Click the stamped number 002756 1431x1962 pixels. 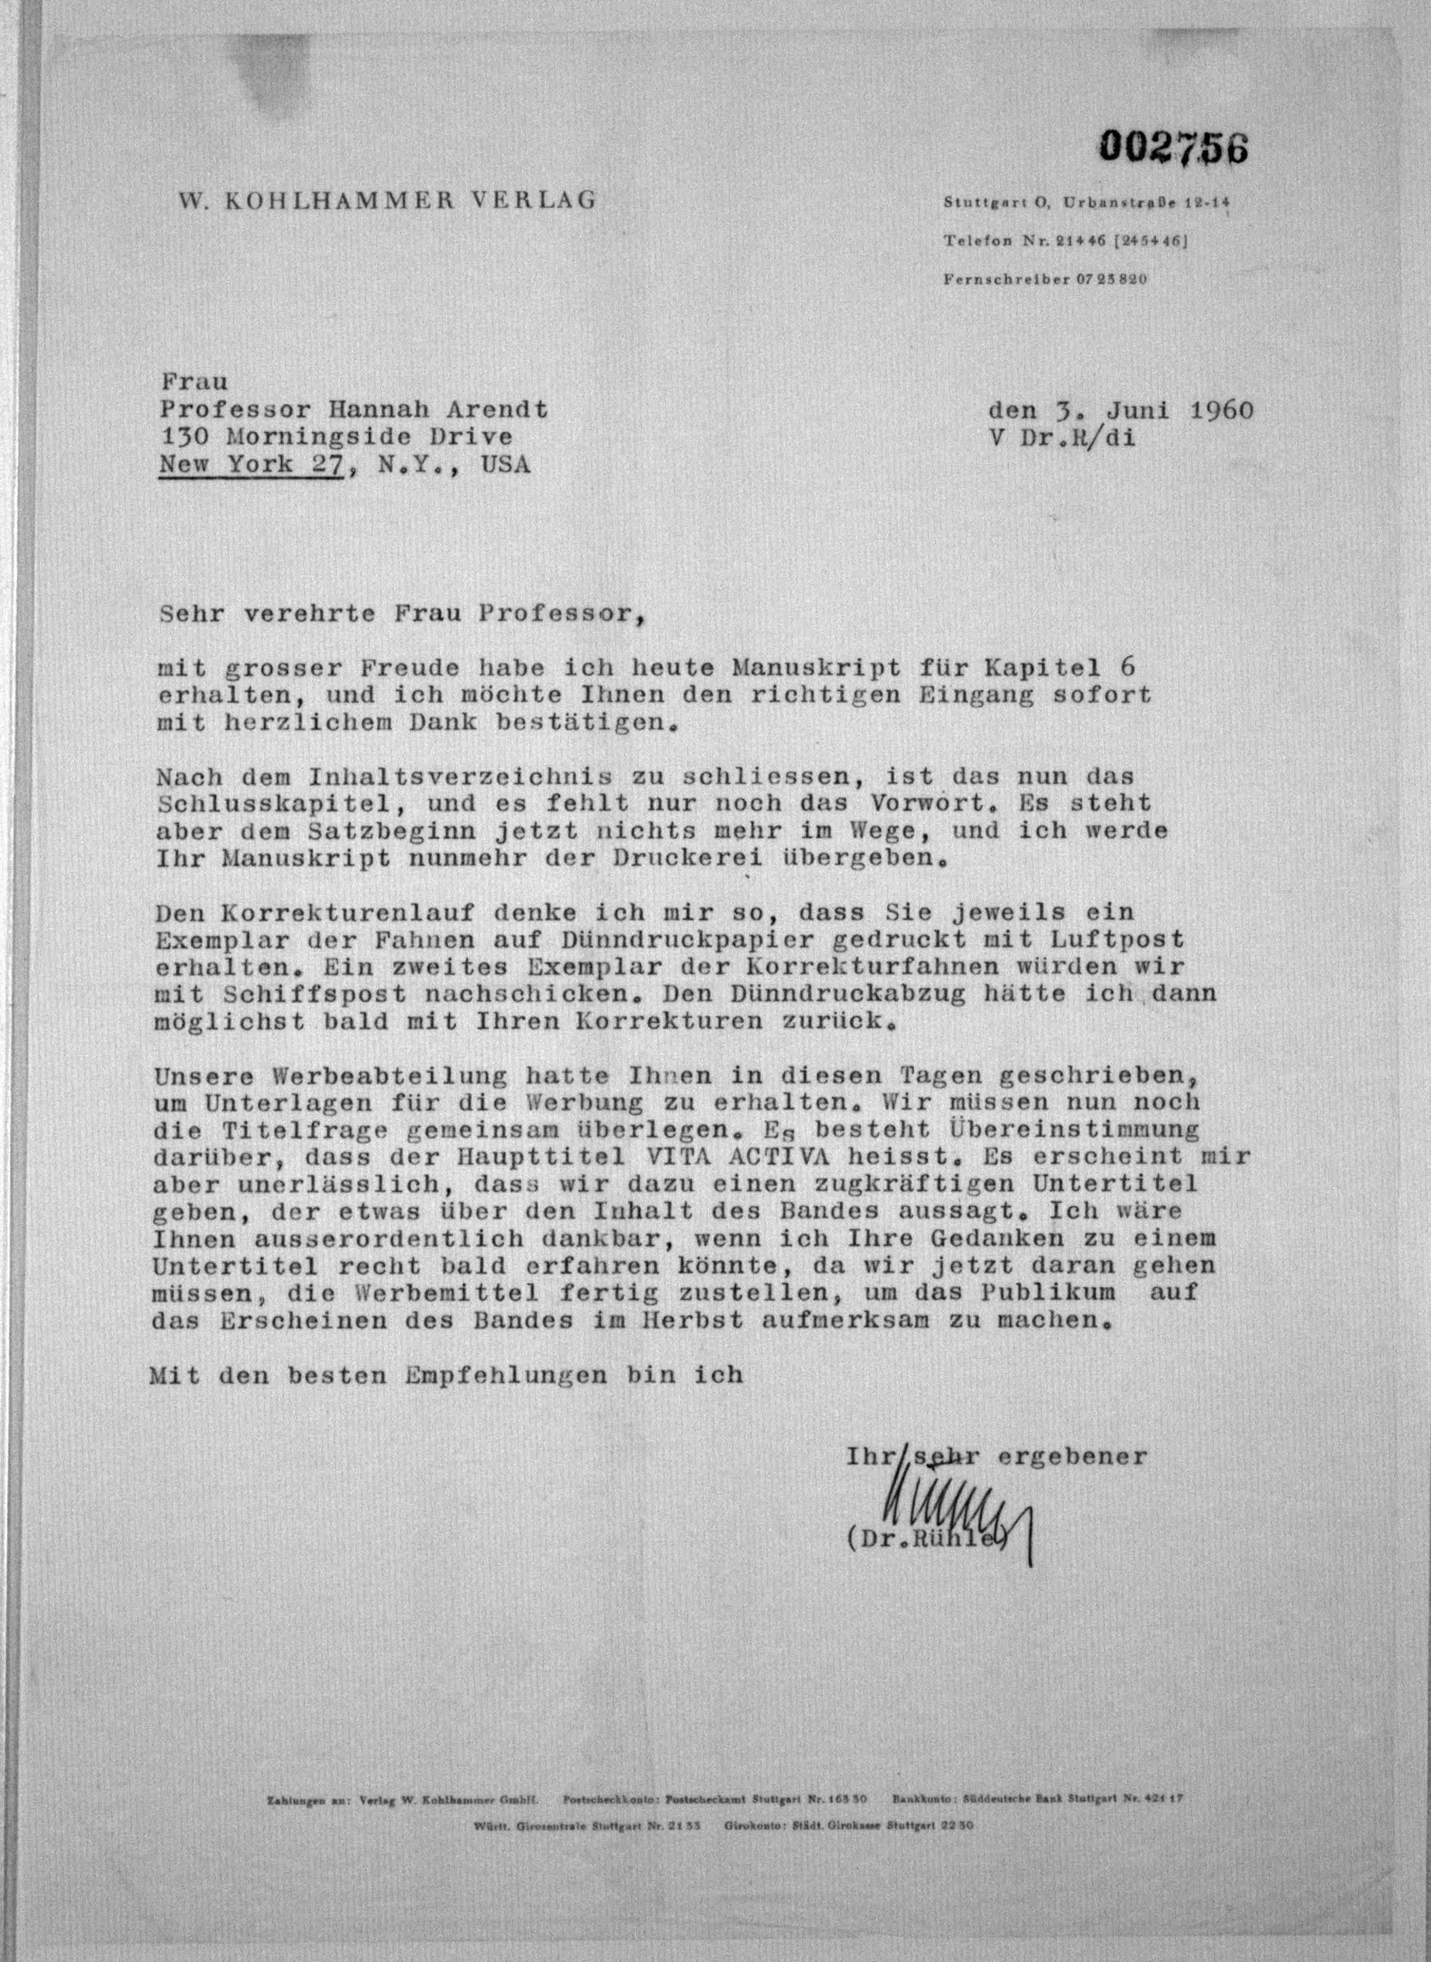[1174, 148]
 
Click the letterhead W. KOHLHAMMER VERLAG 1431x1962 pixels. [387, 201]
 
